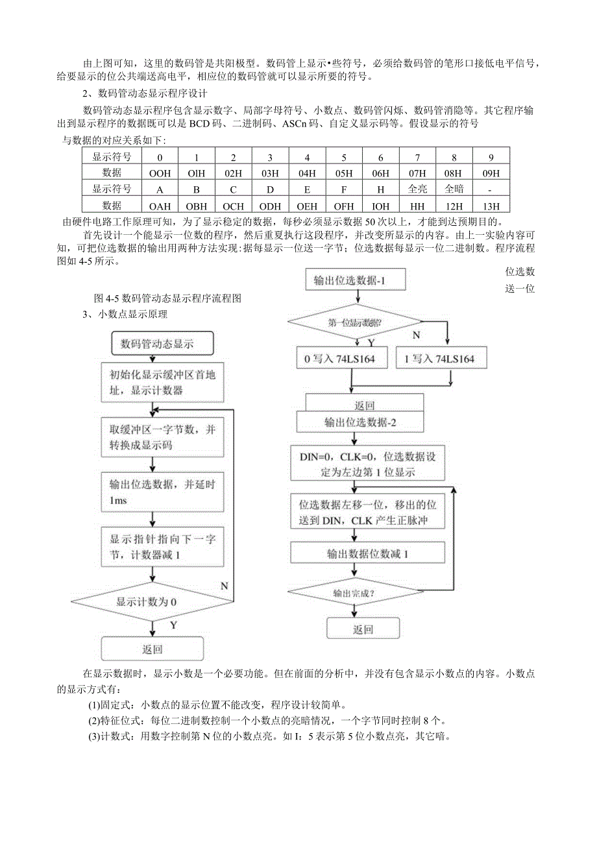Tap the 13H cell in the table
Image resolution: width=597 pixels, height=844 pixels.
[x=492, y=205]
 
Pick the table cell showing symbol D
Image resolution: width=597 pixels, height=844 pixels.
[x=270, y=189]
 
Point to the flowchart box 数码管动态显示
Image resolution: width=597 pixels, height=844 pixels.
[x=152, y=344]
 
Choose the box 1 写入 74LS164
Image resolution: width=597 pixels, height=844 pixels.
[x=440, y=358]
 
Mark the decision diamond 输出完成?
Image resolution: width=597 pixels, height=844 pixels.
[x=354, y=592]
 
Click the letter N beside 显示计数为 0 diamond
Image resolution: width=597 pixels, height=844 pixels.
[x=224, y=585]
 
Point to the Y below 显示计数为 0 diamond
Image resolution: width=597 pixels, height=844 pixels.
[x=173, y=625]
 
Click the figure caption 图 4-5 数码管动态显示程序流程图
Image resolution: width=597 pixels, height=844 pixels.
[x=167, y=298]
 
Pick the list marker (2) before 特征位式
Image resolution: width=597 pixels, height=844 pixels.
[x=95, y=721]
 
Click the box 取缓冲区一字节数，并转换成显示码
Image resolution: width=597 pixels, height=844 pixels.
[x=161, y=437]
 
